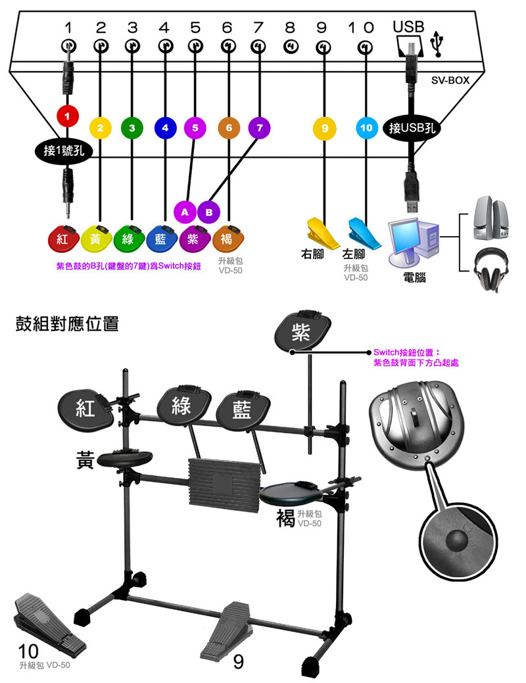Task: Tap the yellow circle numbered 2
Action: point(100,128)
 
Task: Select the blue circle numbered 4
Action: point(164,128)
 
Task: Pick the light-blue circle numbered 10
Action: point(366,128)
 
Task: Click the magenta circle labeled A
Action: point(185,212)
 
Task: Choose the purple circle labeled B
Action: point(208,212)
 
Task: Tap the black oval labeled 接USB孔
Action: point(412,128)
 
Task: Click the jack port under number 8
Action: point(290,46)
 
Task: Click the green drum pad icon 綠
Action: point(129,239)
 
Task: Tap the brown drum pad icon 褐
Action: point(228,239)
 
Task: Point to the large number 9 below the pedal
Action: point(239,662)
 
